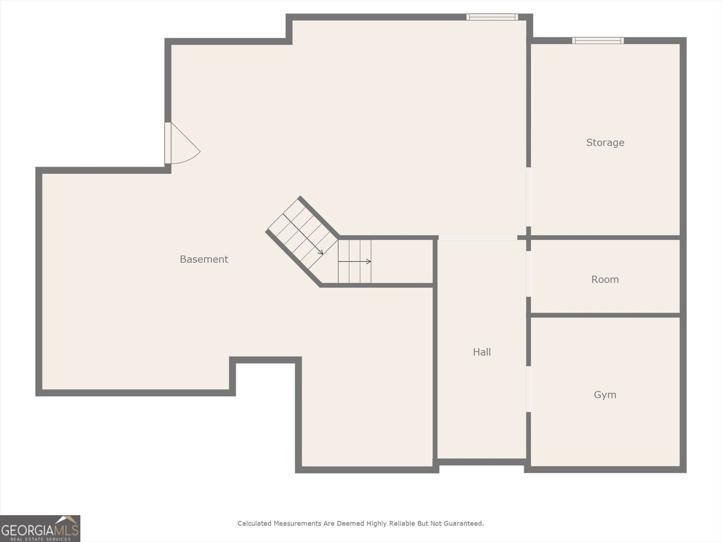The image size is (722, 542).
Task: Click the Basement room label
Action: [x=204, y=259]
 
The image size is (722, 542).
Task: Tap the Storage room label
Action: [x=605, y=143]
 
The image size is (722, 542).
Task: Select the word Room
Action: [x=605, y=280]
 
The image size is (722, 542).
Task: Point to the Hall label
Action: [x=481, y=352]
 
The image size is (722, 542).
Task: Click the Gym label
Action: [x=605, y=395]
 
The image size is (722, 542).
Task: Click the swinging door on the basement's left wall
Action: [x=180, y=144]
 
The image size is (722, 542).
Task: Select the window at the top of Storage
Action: [x=598, y=41]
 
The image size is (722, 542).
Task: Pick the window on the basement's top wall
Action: [x=492, y=17]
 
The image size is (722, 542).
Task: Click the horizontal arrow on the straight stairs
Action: [x=355, y=262]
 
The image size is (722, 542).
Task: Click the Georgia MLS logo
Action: [x=40, y=528]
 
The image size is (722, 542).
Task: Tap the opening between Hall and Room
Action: [x=528, y=274]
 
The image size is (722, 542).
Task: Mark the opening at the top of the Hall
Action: [x=477, y=238]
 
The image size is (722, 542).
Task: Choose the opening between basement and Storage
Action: [x=528, y=197]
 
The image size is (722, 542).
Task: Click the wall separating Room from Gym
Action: [x=605, y=315]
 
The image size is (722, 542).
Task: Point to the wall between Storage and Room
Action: [x=605, y=237]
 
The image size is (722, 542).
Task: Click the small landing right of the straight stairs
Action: [x=402, y=262]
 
